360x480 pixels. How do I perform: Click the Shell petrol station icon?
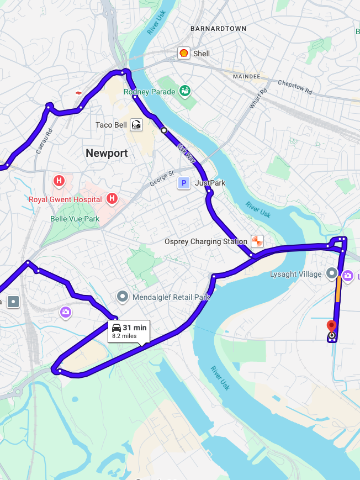(184, 53)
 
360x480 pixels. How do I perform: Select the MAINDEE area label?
(246, 76)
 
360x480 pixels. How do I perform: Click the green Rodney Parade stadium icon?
(185, 91)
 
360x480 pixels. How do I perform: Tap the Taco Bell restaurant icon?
(136, 125)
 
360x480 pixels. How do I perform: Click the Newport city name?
(107, 153)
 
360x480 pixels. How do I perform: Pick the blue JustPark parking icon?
(183, 183)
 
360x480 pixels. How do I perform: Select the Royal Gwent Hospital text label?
(65, 199)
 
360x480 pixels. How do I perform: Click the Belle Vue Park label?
(75, 219)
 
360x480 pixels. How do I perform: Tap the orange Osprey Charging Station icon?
(257, 241)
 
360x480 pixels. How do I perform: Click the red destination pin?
(331, 326)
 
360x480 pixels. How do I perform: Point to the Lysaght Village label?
(296, 274)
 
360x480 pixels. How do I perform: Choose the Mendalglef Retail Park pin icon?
(123, 297)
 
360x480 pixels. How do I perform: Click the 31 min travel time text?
(135, 328)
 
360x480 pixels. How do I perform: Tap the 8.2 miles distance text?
(124, 336)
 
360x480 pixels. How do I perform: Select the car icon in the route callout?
(117, 328)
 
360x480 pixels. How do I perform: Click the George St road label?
(161, 178)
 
